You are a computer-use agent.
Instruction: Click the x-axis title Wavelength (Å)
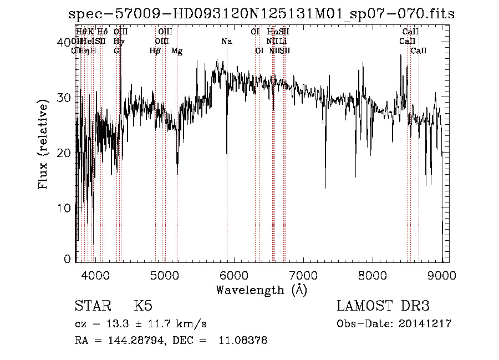(x=261, y=290)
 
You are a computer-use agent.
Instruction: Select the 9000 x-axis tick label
(x=441, y=275)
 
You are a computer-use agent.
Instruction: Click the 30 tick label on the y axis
(x=65, y=98)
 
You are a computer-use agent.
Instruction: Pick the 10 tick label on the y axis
(x=65, y=207)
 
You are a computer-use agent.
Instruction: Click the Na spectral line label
(x=227, y=41)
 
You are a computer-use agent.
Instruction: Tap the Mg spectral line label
(x=177, y=50)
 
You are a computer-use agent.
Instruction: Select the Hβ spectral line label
(x=155, y=50)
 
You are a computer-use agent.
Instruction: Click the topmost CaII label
(x=410, y=32)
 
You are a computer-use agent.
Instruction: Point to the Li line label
(x=283, y=41)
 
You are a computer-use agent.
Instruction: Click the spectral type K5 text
(x=143, y=306)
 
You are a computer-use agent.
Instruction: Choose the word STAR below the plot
(x=92, y=306)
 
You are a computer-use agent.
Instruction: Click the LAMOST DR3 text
(x=383, y=306)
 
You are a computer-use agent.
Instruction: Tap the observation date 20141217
(x=427, y=324)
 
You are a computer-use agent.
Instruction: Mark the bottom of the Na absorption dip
(x=227, y=154)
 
